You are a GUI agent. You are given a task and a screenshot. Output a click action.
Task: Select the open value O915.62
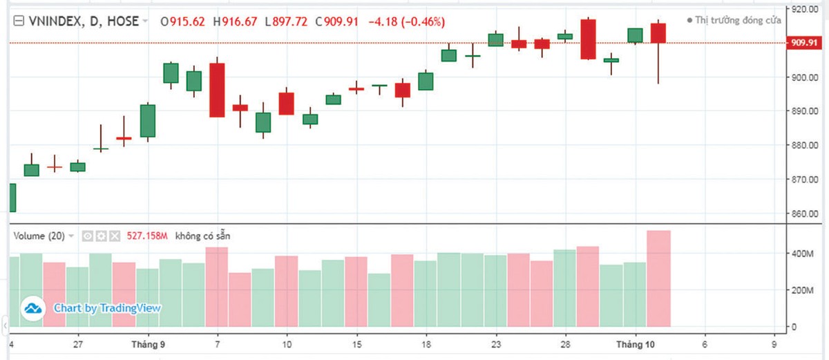183,21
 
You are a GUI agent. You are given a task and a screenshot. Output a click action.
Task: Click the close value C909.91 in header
337,21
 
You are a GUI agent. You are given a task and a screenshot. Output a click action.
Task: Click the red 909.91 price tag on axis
804,43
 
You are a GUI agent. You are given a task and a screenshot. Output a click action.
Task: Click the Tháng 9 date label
147,344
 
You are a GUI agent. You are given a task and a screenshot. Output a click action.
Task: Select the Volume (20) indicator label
39,236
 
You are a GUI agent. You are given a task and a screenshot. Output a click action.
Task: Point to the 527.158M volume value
148,236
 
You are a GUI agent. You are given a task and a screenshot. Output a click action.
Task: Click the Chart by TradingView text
107,308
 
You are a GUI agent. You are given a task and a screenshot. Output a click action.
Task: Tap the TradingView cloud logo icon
31,308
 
